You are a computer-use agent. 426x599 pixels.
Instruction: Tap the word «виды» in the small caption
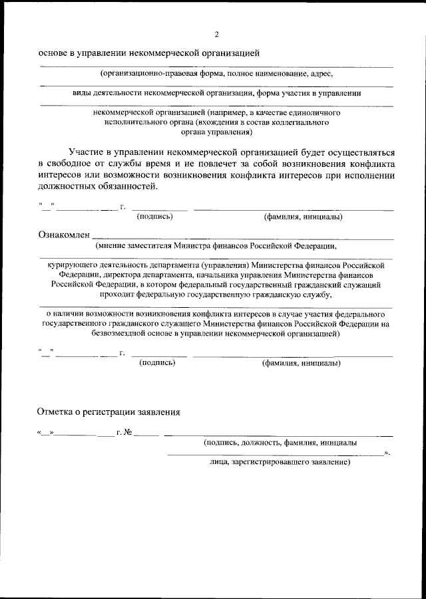tap(82, 93)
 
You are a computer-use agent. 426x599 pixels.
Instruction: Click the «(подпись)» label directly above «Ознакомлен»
tap(154, 216)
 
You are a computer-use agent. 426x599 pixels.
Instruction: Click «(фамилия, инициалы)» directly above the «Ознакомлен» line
tap(303, 216)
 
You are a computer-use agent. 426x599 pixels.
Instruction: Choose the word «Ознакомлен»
tap(63, 234)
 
